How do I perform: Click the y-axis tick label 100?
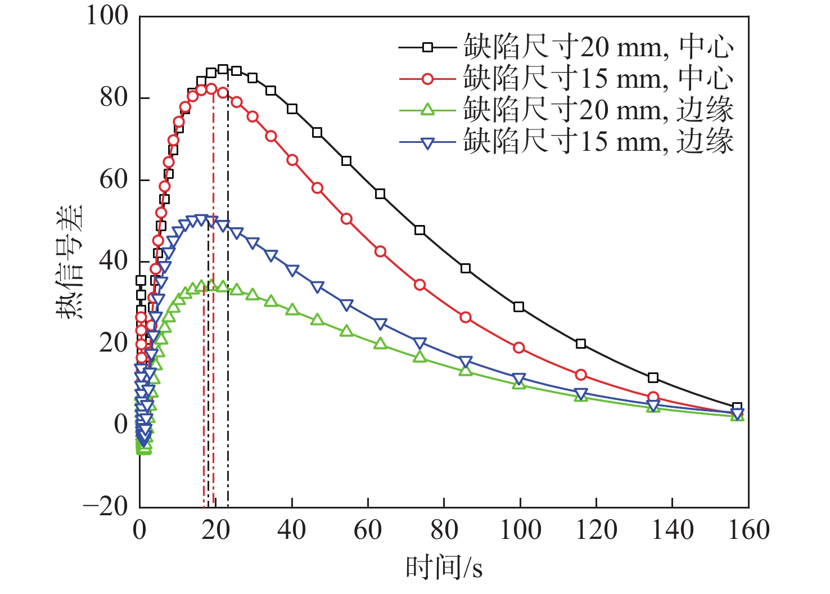click(107, 16)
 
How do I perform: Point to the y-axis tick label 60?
click(114, 179)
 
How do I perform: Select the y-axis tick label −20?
click(106, 506)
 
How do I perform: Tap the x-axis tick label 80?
click(444, 529)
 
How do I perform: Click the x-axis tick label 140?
click(673, 529)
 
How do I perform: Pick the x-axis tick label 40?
click(292, 529)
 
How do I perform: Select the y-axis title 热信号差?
click(70, 262)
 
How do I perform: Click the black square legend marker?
click(427, 47)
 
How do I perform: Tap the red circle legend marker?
click(427, 79)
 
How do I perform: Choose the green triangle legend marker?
click(427, 110)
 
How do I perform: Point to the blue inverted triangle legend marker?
click(427, 142)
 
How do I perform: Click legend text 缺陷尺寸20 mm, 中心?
click(598, 47)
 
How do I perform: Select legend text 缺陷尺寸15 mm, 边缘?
click(598, 141)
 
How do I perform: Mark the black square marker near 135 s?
click(653, 377)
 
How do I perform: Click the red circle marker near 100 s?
click(518, 348)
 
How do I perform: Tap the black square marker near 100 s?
click(518, 307)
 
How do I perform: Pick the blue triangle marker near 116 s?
click(581, 393)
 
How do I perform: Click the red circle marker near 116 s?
click(581, 375)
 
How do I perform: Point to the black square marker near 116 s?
click(581, 344)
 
